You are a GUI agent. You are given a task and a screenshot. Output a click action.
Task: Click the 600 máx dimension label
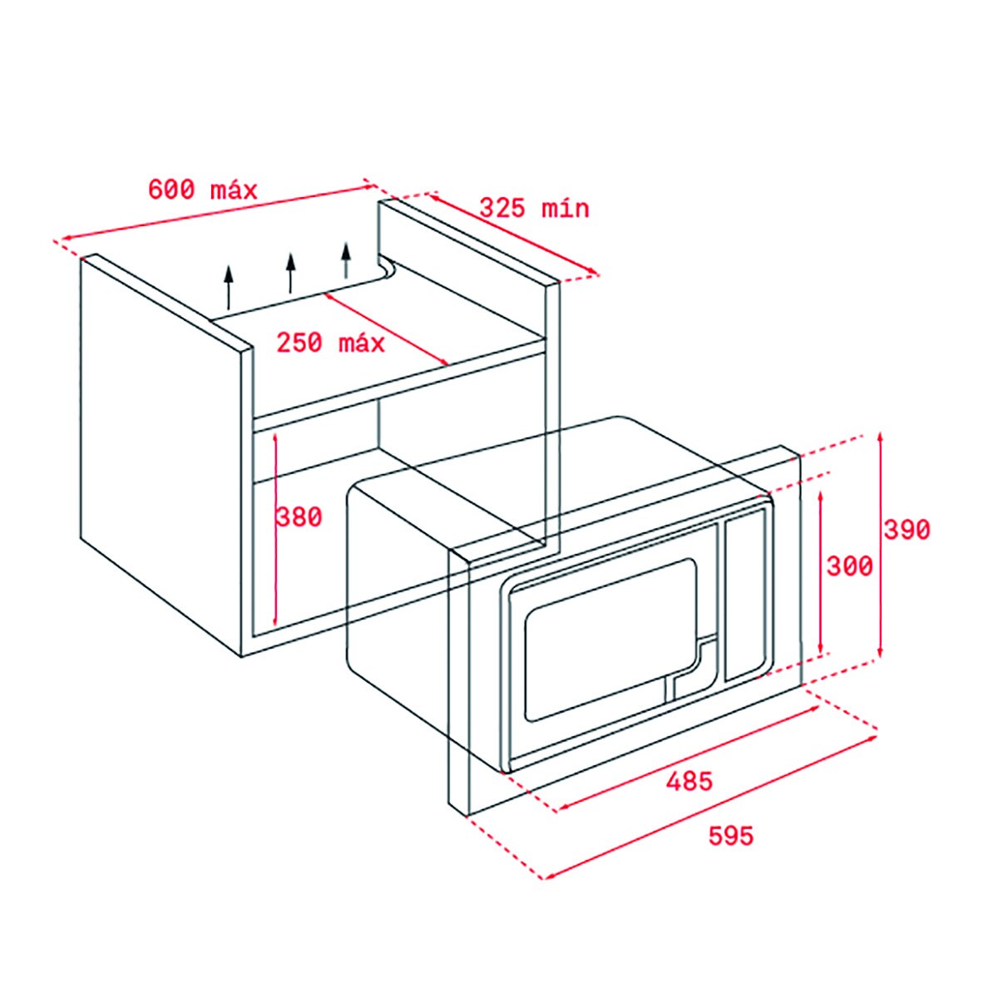(x=202, y=190)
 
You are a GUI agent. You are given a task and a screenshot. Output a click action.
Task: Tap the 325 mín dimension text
(x=535, y=208)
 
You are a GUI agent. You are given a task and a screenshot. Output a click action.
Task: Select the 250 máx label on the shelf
(x=331, y=343)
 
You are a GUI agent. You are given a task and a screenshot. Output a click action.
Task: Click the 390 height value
(x=907, y=529)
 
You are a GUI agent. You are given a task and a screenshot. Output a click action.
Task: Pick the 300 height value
(x=850, y=566)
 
